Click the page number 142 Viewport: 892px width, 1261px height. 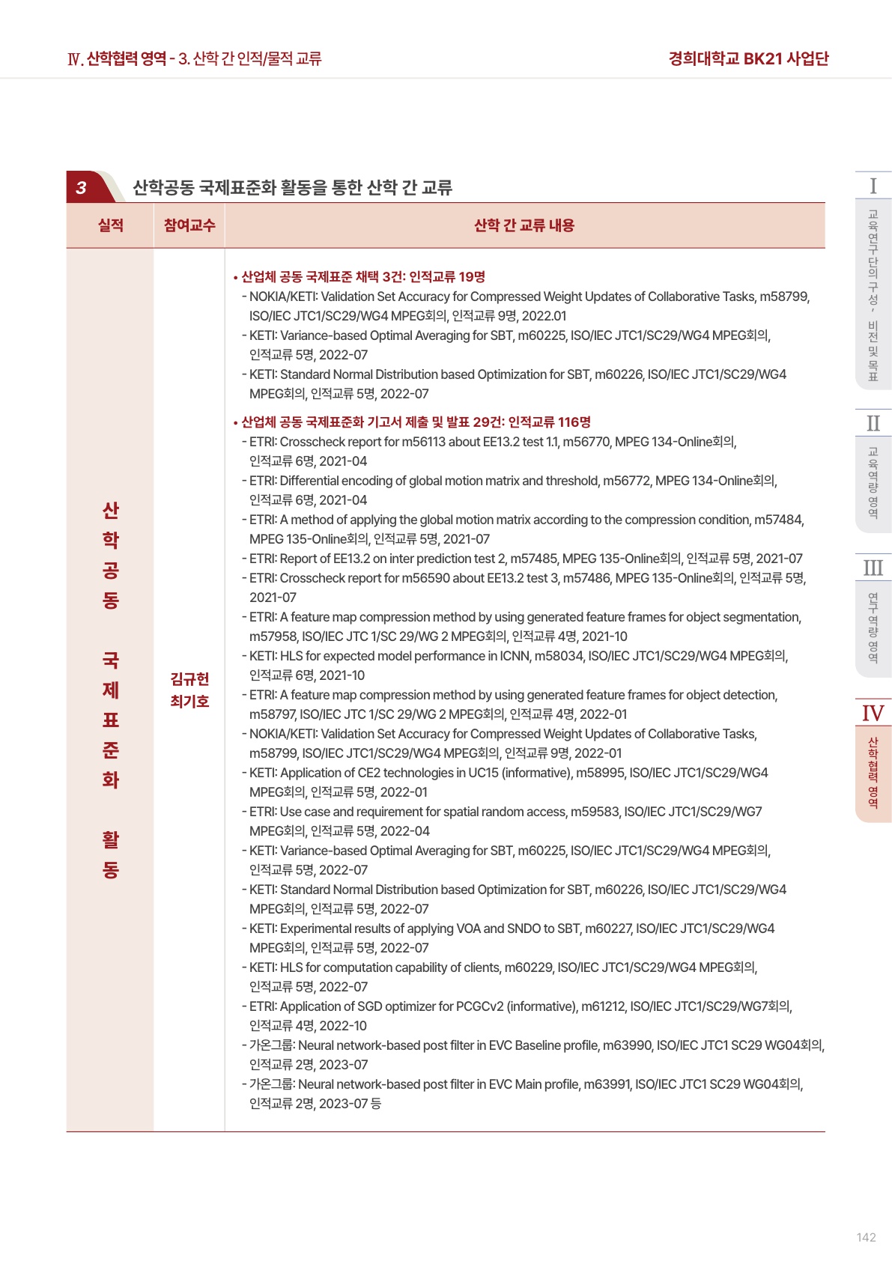[x=866, y=1237]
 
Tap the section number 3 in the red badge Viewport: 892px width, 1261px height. [x=81, y=188]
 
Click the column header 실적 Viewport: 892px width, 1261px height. [x=110, y=225]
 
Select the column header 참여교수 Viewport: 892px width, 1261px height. [x=189, y=225]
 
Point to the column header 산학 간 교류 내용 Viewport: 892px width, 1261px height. [x=524, y=225]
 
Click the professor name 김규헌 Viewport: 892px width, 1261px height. [x=189, y=679]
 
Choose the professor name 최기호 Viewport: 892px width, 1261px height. [x=189, y=702]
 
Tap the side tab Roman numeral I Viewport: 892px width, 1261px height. [x=873, y=186]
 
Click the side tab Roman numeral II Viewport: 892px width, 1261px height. [x=873, y=423]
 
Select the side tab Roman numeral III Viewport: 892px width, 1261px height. [x=873, y=568]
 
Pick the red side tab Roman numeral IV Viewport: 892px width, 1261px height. [x=873, y=713]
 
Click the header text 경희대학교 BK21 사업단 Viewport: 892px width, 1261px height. [x=748, y=58]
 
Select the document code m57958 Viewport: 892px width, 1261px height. [x=273, y=636]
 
